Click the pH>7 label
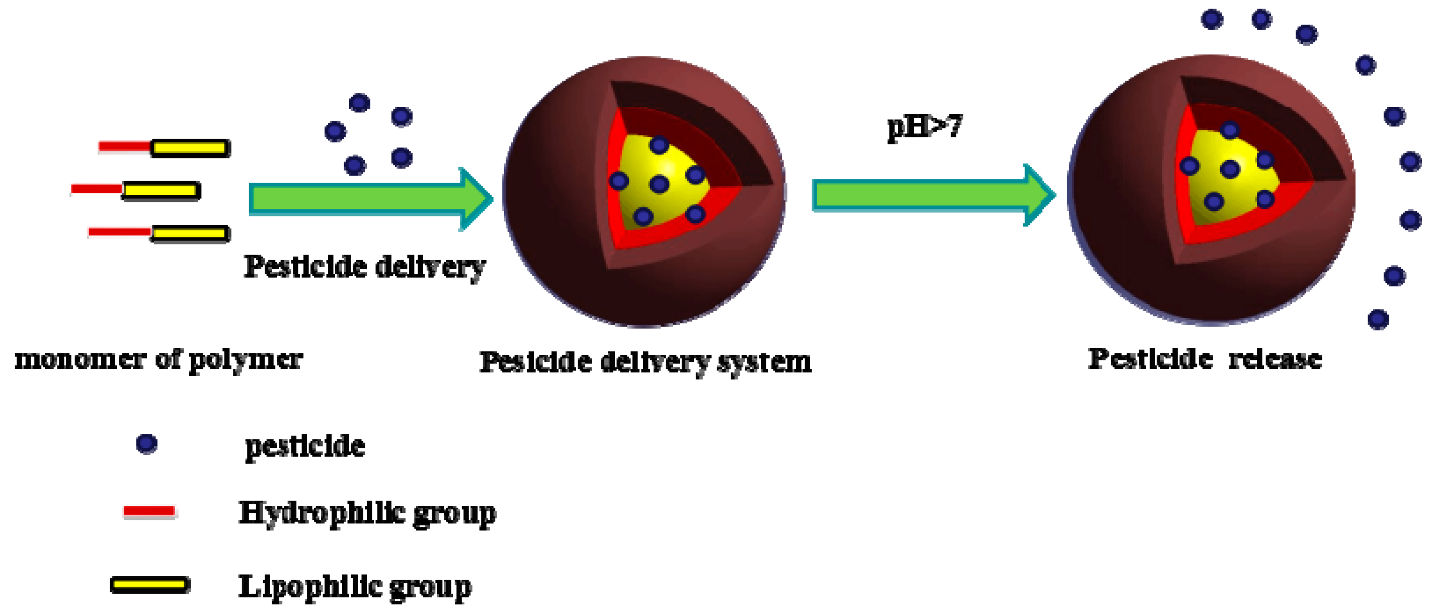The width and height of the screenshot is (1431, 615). [x=924, y=127]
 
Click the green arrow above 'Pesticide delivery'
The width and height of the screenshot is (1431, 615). [x=370, y=199]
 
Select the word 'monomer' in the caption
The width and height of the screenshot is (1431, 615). [x=80, y=359]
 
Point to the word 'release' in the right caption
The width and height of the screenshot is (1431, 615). [x=1275, y=359]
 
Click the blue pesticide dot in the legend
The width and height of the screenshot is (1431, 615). [x=146, y=444]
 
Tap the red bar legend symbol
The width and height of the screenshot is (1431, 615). [x=149, y=511]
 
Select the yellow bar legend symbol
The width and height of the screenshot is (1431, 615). [x=150, y=584]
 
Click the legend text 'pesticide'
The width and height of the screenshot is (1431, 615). [x=305, y=446]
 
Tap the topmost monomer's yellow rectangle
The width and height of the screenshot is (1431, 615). [x=190, y=148]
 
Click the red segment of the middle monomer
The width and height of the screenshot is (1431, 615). [x=97, y=189]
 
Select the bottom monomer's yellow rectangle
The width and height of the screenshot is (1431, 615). [x=190, y=234]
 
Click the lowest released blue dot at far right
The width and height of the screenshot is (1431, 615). [x=1378, y=320]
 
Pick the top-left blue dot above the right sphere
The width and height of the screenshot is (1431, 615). [x=1212, y=20]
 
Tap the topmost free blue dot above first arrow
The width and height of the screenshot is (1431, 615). [x=359, y=103]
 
